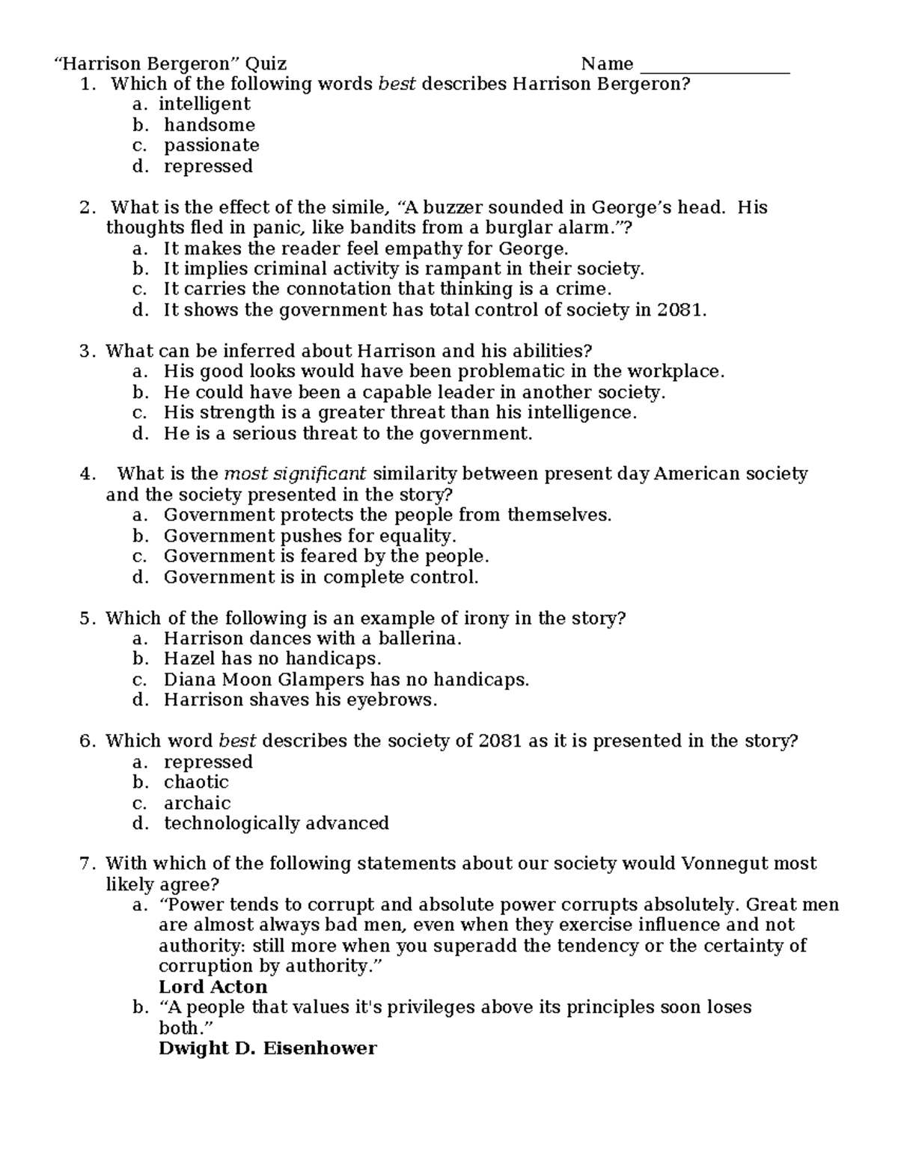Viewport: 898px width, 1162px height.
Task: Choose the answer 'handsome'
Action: pos(210,125)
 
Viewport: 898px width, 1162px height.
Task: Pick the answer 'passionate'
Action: pos(212,145)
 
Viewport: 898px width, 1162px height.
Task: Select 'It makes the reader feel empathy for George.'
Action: pos(366,248)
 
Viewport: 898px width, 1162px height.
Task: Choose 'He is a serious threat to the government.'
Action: pos(348,433)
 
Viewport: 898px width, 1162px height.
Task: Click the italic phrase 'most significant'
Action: pos(295,474)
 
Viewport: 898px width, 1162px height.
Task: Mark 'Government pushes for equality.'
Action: pos(310,536)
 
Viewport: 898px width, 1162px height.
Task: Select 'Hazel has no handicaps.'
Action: pos(272,658)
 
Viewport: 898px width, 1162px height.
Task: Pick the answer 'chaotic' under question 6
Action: pos(196,782)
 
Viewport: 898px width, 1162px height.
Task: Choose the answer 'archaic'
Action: pos(198,803)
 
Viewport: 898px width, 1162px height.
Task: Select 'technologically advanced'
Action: pos(276,823)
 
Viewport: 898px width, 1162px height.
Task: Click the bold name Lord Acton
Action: pos(213,986)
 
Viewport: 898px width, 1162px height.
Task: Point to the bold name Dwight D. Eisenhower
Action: pos(267,1048)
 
